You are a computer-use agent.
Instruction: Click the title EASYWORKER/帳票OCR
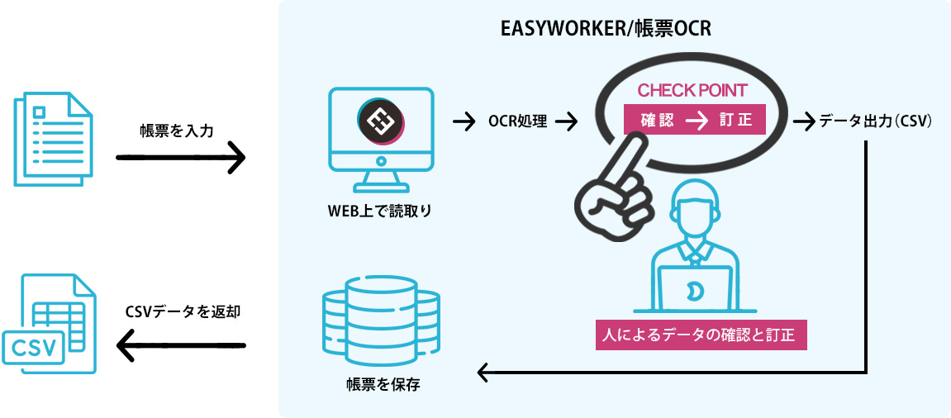(x=606, y=29)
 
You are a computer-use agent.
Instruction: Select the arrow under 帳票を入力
(x=180, y=156)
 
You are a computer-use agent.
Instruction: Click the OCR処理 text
(x=518, y=122)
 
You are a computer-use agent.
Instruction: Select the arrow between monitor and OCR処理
(x=466, y=122)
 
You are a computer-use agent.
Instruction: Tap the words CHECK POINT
(x=692, y=90)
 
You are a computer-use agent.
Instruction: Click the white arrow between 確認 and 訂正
(x=697, y=121)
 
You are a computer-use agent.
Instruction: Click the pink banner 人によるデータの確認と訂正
(x=701, y=335)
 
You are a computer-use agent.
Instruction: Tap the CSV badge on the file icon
(x=34, y=348)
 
